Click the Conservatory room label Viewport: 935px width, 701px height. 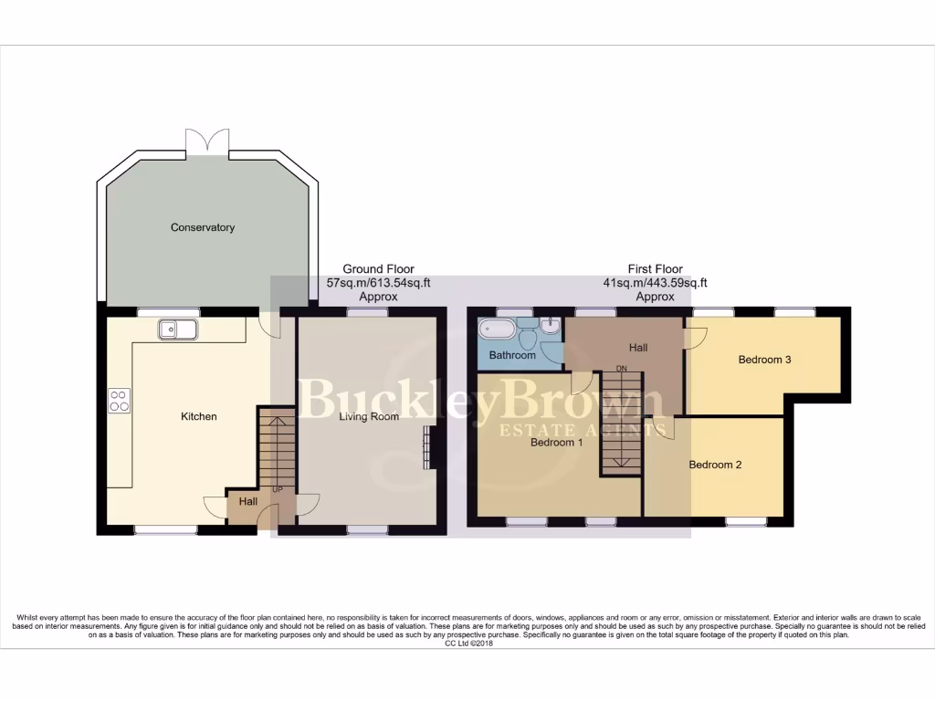click(x=203, y=227)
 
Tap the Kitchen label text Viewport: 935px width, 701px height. click(x=198, y=416)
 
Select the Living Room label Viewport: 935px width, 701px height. click(x=369, y=417)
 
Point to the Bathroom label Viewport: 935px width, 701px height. click(x=512, y=355)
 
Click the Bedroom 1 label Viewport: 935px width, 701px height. click(x=557, y=443)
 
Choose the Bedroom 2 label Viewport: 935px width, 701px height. click(x=715, y=465)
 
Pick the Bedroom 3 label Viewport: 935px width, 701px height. click(x=764, y=360)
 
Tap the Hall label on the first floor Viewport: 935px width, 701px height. click(x=638, y=348)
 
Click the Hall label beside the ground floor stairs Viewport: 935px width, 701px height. click(x=248, y=501)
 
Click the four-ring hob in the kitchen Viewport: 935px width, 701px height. click(x=120, y=400)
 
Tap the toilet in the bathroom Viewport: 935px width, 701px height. click(x=527, y=333)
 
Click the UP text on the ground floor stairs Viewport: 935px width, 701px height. click(x=278, y=488)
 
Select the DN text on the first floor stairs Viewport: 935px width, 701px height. click(x=622, y=369)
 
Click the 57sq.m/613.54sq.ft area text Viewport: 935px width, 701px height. click(x=378, y=283)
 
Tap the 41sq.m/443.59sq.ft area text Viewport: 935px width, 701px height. click(x=655, y=283)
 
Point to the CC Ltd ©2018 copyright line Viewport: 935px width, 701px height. click(x=467, y=643)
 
